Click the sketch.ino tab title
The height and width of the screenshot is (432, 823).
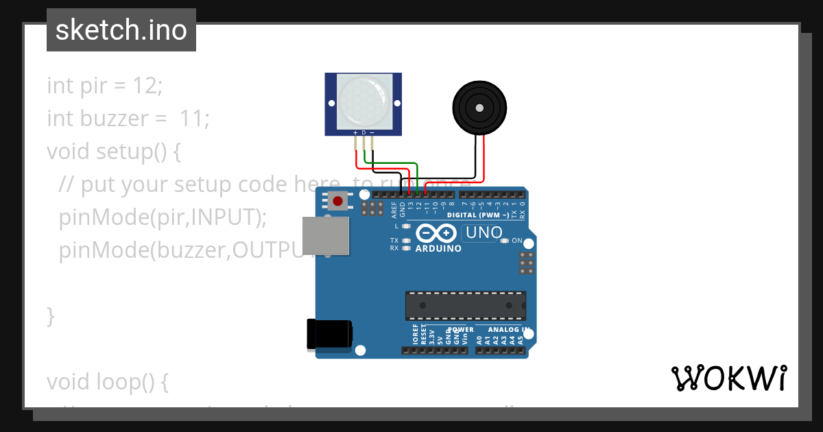click(121, 30)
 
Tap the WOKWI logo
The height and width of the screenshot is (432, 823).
click(728, 378)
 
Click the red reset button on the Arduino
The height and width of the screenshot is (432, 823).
click(337, 201)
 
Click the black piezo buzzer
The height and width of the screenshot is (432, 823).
click(479, 108)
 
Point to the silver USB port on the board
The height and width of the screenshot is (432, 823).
click(325, 237)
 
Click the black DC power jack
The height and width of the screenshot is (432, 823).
click(330, 335)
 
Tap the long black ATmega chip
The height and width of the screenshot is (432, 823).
click(466, 306)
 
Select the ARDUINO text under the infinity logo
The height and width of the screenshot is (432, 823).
click(439, 248)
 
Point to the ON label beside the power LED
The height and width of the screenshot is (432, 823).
click(517, 241)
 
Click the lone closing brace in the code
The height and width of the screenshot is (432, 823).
click(51, 316)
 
